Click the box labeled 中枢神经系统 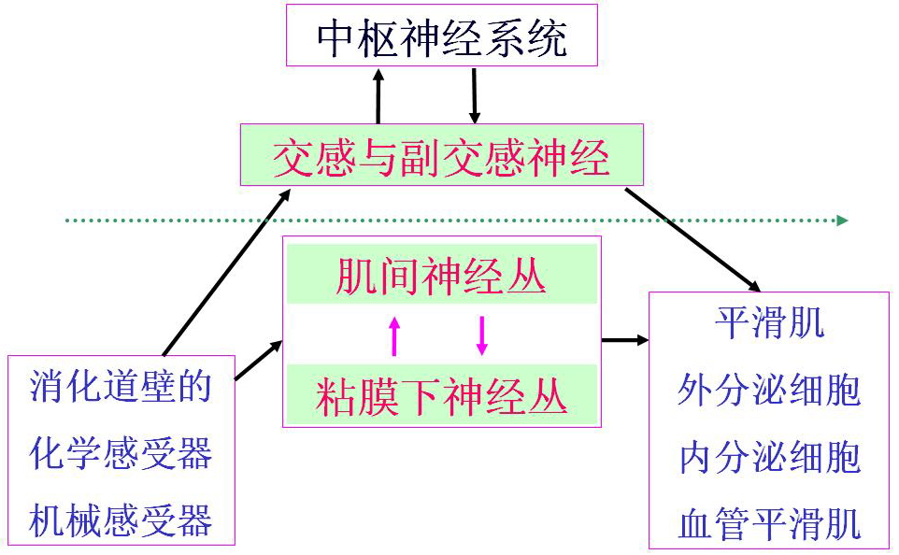(x=441, y=37)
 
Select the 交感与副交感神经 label (x=441, y=158)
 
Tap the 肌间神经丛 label (x=441, y=277)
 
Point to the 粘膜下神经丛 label (x=441, y=396)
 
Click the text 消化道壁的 (x=121, y=387)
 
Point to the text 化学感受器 (x=121, y=453)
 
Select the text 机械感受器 (x=121, y=519)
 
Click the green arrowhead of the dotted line (x=842, y=221)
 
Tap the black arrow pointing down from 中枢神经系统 (x=475, y=96)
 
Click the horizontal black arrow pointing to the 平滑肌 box (x=624, y=340)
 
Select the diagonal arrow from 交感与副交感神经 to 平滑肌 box (x=692, y=239)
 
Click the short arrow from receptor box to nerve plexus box (x=258, y=361)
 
